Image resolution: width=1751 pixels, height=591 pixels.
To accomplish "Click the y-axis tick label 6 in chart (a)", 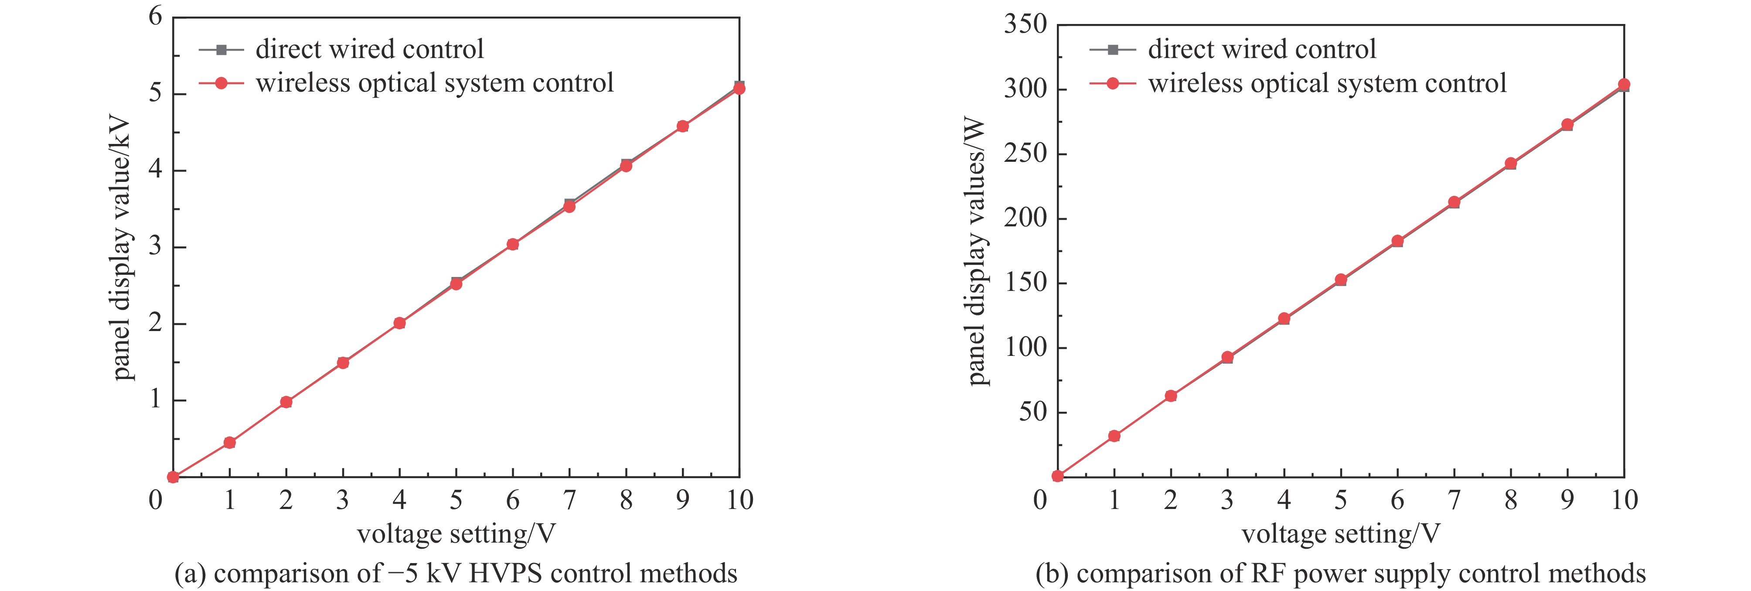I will click(x=156, y=16).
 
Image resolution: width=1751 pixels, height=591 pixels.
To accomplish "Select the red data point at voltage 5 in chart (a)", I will click(x=456, y=284).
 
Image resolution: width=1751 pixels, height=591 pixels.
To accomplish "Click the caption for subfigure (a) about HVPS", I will click(x=456, y=573).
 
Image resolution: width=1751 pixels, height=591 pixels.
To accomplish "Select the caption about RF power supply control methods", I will click(x=1340, y=573).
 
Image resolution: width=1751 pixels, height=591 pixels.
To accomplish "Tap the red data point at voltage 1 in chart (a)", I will click(x=230, y=443).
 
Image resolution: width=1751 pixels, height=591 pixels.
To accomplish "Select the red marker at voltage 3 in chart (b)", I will click(x=1227, y=357).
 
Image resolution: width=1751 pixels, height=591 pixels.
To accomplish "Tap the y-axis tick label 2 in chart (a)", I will click(x=156, y=323).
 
